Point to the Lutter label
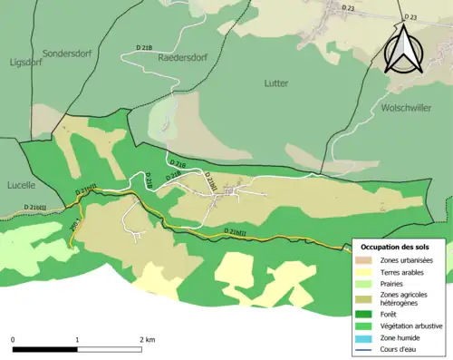276,83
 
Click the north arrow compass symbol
400,49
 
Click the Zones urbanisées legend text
407,261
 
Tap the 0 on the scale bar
13,339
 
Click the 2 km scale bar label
147,339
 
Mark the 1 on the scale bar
77,339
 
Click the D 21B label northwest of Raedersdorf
144,45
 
